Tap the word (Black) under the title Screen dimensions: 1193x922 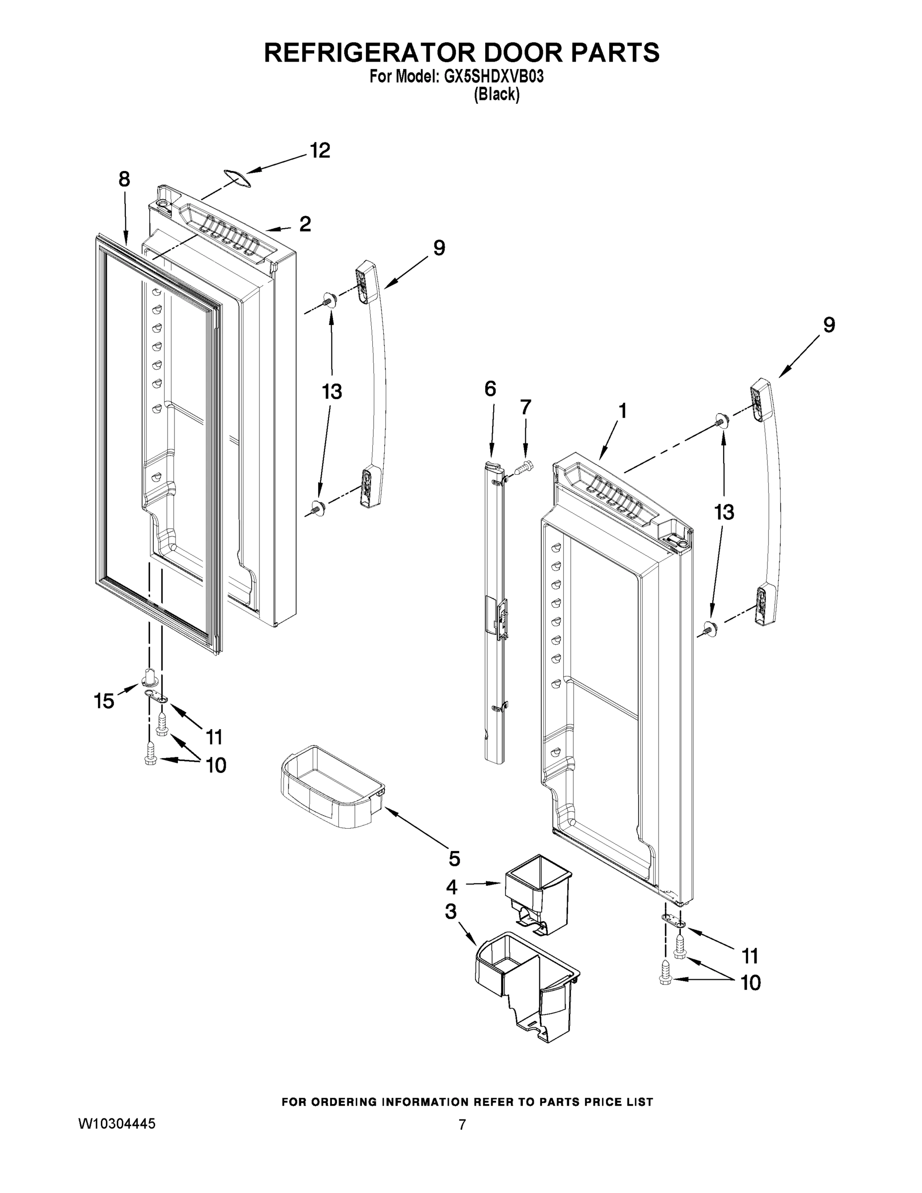point(497,94)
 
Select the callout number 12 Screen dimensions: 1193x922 point(320,151)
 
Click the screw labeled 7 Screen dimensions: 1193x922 point(524,467)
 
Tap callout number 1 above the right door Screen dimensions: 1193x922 point(622,411)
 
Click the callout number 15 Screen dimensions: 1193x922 point(104,701)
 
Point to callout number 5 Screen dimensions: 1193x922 point(454,858)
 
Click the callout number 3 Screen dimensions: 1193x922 point(451,912)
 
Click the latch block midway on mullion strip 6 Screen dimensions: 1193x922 point(497,615)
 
